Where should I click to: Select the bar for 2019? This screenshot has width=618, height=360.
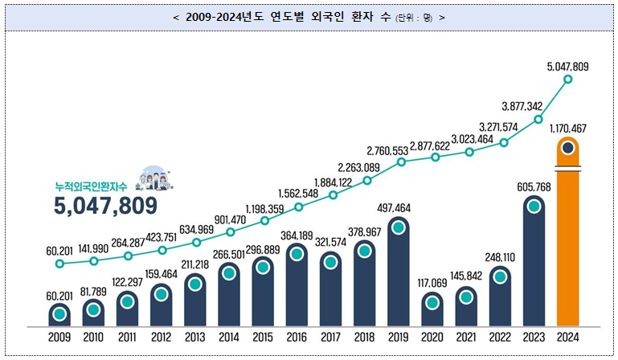pos(398,273)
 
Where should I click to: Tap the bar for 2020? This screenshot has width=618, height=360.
pos(432,310)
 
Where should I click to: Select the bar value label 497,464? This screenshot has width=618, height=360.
pos(398,208)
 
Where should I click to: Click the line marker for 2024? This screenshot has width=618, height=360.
pos(568,79)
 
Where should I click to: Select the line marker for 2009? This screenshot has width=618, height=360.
pos(59,263)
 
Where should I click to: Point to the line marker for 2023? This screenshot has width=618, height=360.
pos(537,120)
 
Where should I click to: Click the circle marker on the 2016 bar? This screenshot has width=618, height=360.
pos(297,254)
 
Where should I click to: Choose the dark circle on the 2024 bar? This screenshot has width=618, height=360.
pos(567,148)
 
